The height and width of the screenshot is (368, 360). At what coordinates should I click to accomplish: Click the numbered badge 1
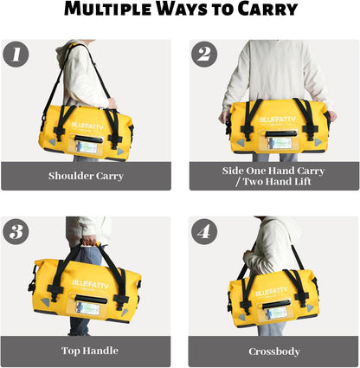point(16,55)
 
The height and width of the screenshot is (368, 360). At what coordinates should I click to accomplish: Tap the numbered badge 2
point(204,55)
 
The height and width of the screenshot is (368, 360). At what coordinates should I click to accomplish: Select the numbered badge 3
point(16,231)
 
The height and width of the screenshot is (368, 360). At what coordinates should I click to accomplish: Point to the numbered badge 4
point(204,231)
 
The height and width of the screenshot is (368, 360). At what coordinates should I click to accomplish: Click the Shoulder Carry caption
point(87,176)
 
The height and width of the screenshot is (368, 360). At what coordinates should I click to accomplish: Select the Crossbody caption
point(274,352)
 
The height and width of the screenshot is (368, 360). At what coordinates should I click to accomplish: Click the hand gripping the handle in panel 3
point(87,242)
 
